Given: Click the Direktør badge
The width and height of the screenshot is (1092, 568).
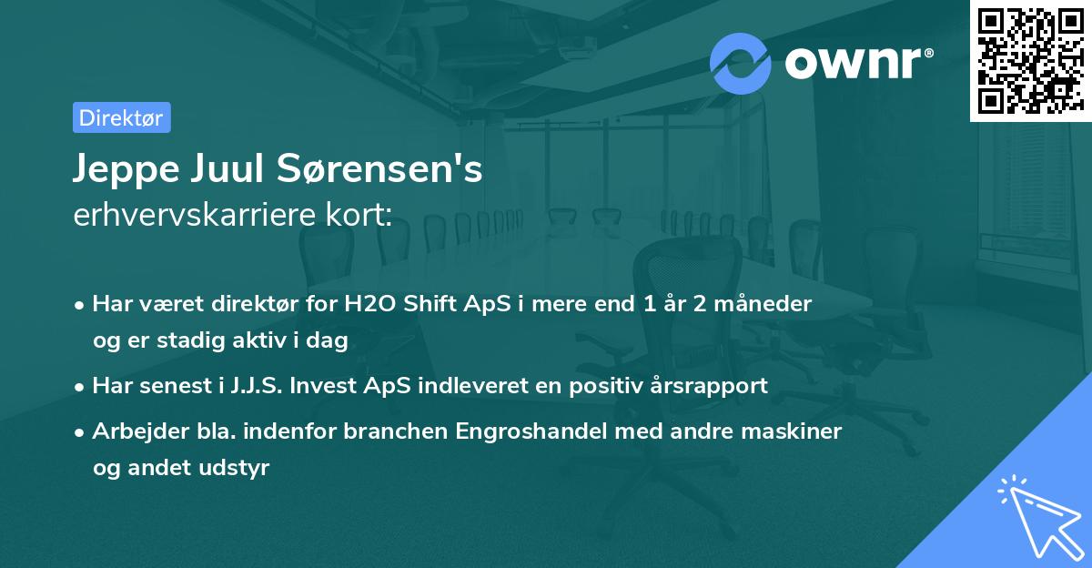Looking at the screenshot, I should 121,117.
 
